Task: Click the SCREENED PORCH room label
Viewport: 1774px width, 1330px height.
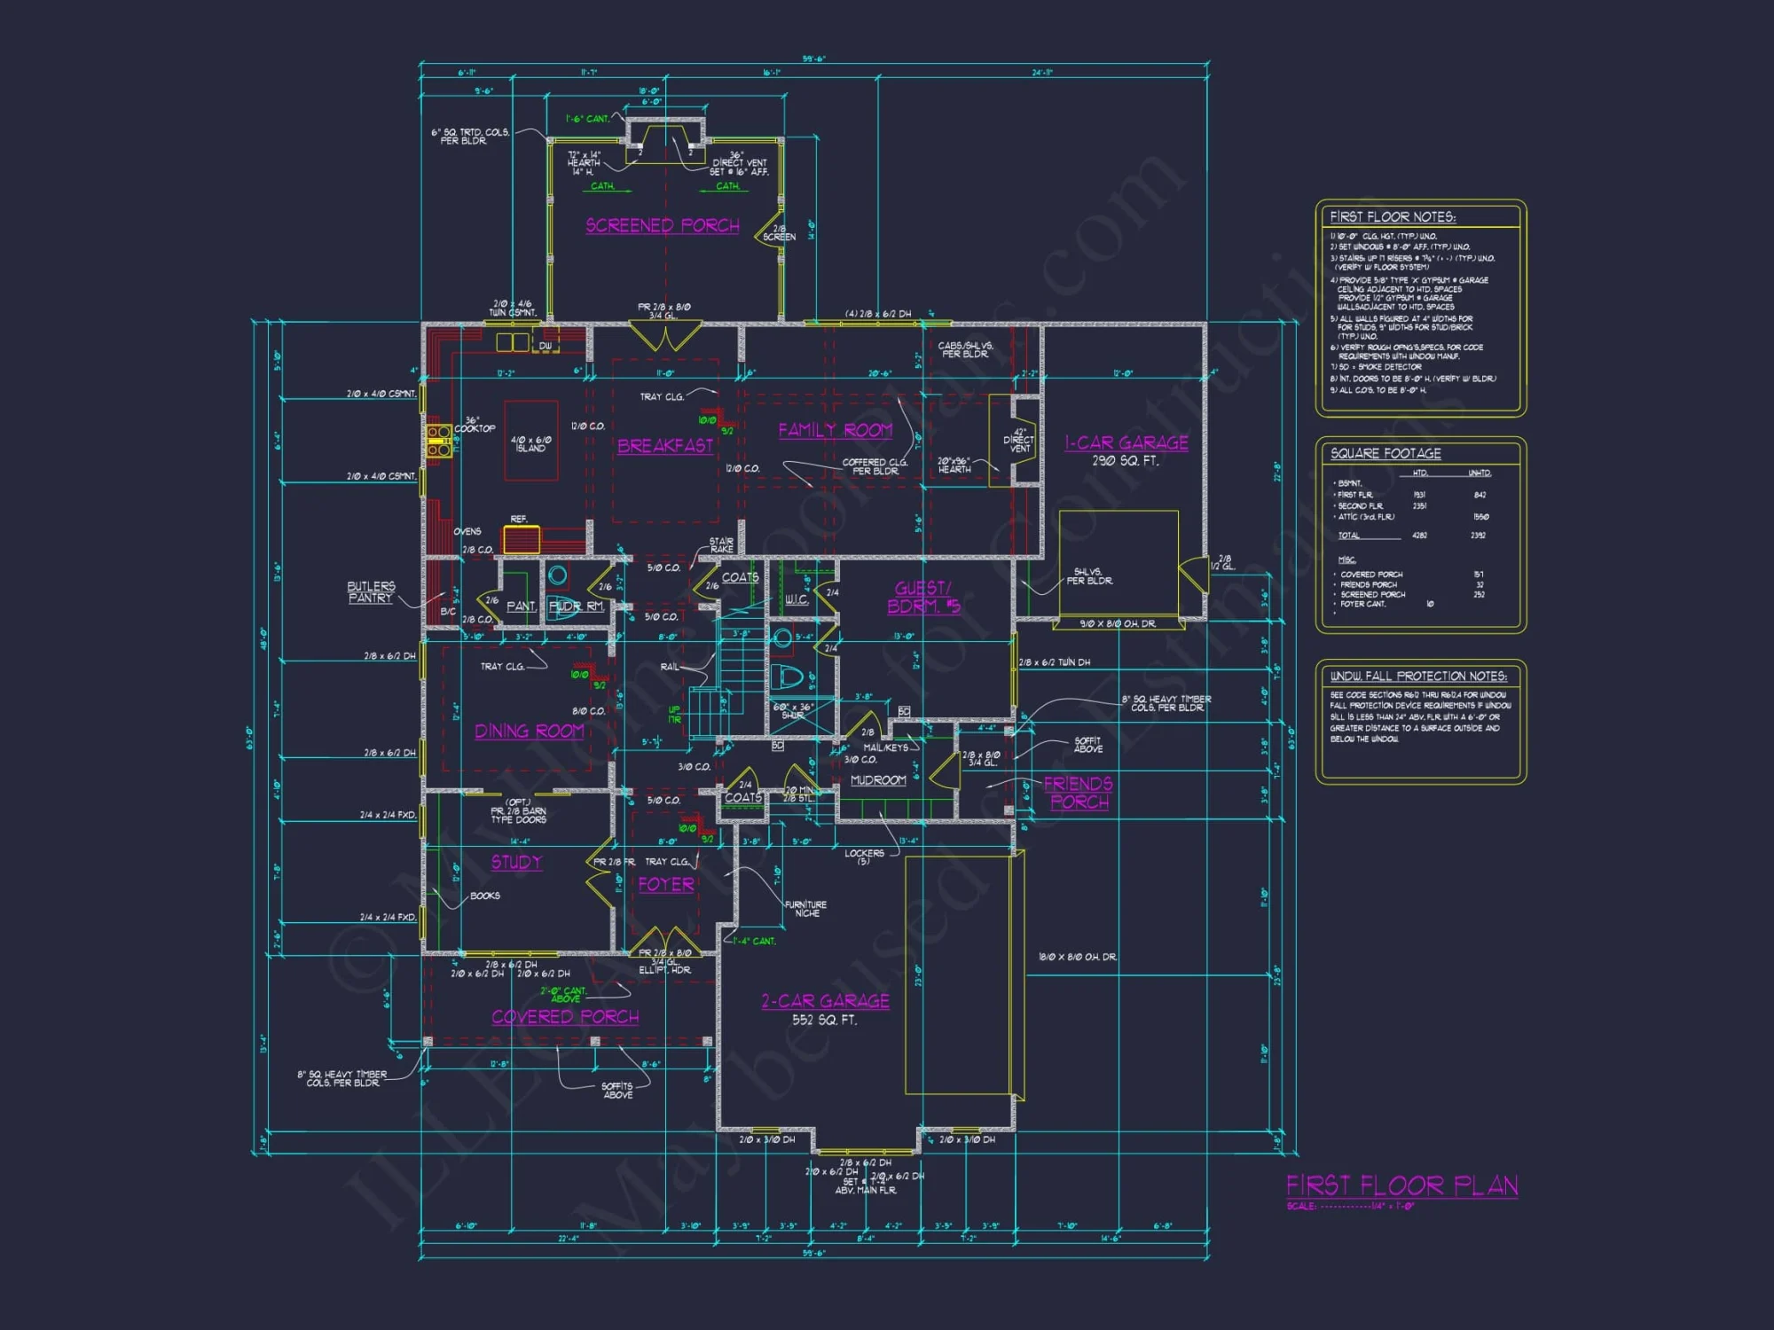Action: [662, 225]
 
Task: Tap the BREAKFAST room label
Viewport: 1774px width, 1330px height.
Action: [665, 445]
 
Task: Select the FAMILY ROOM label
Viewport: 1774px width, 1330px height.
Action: [835, 430]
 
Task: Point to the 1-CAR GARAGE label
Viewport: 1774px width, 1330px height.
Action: [1126, 442]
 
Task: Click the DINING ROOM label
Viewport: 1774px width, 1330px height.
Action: [529, 731]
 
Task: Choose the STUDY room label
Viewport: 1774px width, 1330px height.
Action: [516, 862]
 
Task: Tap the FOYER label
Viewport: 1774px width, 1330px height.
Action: [666, 884]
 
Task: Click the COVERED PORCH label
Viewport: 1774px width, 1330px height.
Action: [565, 1017]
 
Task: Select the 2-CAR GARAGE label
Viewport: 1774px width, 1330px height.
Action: [825, 1001]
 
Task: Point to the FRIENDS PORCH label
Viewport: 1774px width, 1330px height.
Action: [1079, 793]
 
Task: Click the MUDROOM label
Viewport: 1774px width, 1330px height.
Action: [878, 780]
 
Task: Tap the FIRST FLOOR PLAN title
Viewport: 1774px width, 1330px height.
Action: [1401, 1185]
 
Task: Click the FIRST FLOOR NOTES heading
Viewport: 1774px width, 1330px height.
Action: [1392, 217]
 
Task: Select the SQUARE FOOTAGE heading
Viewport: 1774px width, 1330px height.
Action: [1385, 453]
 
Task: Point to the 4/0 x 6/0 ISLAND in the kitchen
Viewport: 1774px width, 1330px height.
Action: [531, 442]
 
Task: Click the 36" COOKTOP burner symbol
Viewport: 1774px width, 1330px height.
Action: [438, 441]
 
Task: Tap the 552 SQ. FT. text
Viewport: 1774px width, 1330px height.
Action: [824, 1021]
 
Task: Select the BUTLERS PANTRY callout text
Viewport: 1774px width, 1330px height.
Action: [371, 592]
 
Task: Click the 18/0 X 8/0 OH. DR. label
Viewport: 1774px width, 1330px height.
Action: [1077, 957]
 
